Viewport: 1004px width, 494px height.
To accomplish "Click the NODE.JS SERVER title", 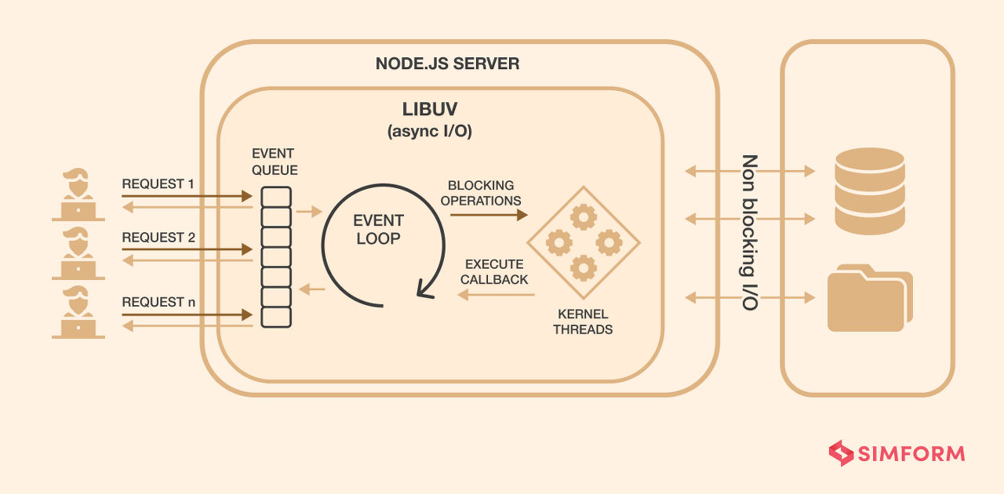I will pos(447,64).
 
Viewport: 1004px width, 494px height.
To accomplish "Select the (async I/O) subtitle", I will pos(429,132).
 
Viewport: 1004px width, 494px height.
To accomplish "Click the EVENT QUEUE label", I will pos(275,161).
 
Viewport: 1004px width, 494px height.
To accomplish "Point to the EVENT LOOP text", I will pos(380,229).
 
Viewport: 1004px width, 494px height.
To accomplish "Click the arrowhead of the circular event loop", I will pos(426,291).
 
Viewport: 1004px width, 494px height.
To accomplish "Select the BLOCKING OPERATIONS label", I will pos(481,193).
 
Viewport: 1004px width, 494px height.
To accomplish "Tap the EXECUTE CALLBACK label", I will pos(494,271).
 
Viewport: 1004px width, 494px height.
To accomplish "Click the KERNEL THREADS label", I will pos(583,321).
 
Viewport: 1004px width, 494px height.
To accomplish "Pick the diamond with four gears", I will pos(584,242).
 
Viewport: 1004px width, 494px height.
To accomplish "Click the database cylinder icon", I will pos(870,191).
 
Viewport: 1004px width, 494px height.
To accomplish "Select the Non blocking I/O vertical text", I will pos(750,232).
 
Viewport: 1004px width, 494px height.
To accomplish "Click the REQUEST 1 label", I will pos(158,184).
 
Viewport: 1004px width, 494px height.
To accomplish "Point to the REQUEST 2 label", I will pos(158,238).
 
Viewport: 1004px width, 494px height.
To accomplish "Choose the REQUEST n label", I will pos(158,302).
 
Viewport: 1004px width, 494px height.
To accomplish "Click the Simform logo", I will pos(897,453).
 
